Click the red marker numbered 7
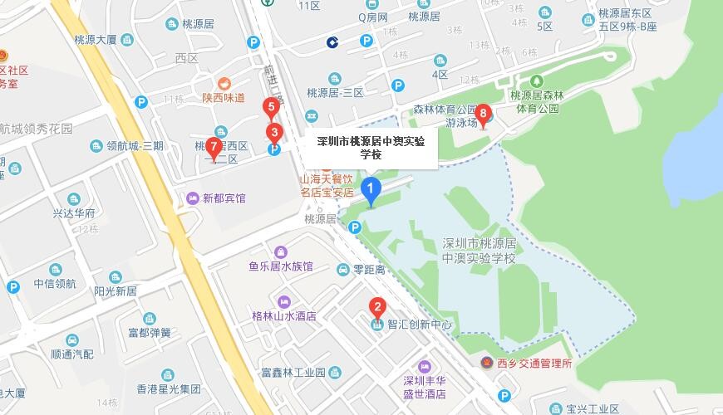click(214, 149)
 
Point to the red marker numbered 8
click(482, 115)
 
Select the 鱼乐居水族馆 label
click(280, 266)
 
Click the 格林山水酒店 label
click(284, 316)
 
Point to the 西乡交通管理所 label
click(534, 363)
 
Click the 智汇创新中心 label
click(420, 325)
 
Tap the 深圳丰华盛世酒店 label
click(425, 387)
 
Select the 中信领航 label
click(55, 284)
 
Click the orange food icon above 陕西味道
click(224, 83)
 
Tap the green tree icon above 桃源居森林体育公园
click(537, 81)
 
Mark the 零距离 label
click(369, 270)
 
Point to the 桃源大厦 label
click(101, 38)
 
